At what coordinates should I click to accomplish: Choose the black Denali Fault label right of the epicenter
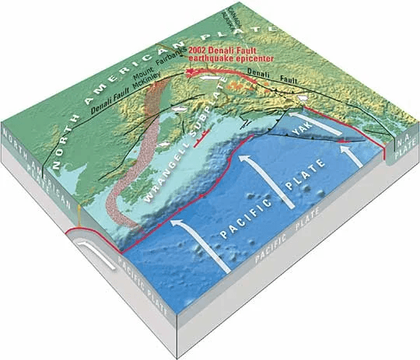click(x=277, y=76)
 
